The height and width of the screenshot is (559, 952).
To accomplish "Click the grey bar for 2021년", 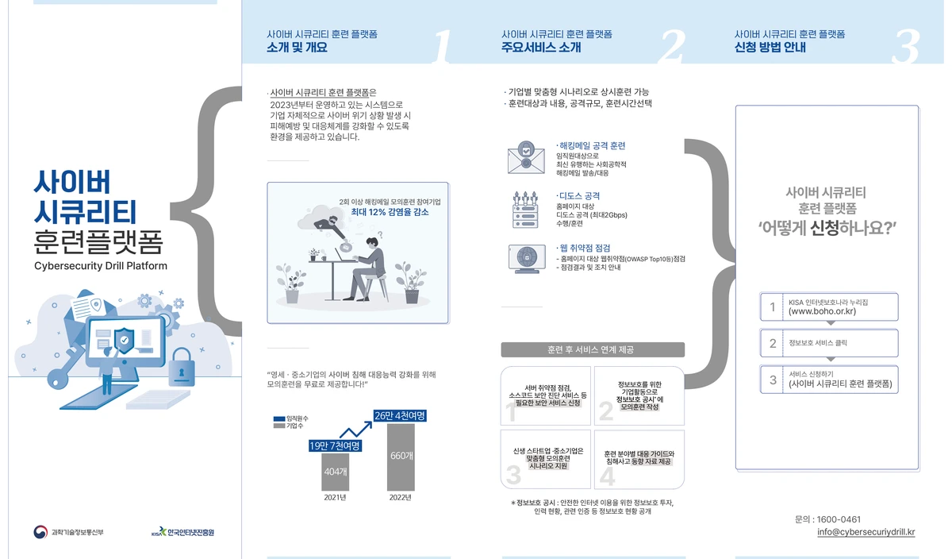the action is [335, 472].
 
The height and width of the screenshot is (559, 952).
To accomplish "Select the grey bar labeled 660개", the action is [401, 457].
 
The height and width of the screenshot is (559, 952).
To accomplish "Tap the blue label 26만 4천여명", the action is [400, 415].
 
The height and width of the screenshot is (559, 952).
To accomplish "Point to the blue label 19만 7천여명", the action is [335, 445].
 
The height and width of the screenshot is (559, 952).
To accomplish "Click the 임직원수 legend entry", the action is [290, 418].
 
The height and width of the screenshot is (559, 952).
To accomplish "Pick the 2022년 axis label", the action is [401, 497].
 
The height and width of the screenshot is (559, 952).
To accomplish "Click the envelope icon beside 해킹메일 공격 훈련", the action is [526, 157].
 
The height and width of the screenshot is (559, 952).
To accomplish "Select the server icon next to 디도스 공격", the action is [525, 210].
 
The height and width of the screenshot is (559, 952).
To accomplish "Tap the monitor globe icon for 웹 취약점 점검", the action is [527, 258].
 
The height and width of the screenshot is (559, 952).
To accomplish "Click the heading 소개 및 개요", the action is [297, 47].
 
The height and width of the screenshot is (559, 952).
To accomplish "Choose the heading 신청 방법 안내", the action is [770, 47].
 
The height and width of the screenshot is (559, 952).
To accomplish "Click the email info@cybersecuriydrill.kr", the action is [866, 532].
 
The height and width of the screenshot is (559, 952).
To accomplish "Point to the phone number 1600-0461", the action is [839, 519].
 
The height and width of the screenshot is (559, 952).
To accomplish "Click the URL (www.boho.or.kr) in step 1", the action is [822, 311].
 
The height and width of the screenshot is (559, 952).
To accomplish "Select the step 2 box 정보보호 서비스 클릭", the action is [829, 343].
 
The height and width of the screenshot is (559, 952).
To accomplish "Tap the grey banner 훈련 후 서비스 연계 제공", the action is [593, 349].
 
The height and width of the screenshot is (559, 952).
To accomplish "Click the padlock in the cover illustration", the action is [182, 367].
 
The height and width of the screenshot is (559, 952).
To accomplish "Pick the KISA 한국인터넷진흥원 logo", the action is [182, 532].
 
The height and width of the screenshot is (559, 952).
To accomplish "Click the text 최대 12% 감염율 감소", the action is [390, 212].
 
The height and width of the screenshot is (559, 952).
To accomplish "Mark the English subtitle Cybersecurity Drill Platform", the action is [101, 266].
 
